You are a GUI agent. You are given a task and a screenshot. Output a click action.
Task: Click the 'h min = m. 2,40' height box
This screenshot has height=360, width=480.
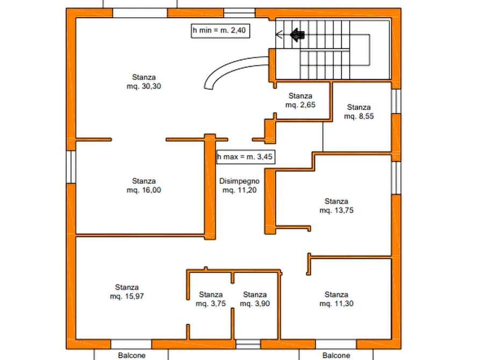[x=220, y=31]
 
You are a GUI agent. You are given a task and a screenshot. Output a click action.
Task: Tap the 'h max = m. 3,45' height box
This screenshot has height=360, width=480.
[x=246, y=157]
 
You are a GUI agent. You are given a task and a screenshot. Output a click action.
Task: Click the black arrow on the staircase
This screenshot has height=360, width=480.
[x=297, y=34]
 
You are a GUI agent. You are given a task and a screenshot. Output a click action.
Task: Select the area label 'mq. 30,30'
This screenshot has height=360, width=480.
[x=144, y=87]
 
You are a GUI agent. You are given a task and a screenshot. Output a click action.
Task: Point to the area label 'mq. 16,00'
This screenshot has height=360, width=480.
[x=144, y=190]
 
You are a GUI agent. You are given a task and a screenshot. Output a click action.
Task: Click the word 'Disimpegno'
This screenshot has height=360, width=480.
[x=239, y=181]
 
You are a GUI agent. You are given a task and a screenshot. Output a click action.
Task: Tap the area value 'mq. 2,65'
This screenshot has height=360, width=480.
[x=300, y=105]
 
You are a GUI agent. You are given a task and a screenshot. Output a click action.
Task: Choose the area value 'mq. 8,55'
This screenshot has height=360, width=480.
[x=359, y=116]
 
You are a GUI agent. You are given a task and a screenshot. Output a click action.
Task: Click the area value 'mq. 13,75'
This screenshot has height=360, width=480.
[x=336, y=210]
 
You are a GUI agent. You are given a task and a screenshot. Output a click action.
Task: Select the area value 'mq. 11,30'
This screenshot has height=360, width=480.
[x=336, y=304]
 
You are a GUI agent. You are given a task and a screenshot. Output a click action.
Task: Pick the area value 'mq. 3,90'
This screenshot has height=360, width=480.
[x=255, y=304]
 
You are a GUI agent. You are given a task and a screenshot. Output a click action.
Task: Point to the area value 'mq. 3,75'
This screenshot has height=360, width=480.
[x=211, y=304]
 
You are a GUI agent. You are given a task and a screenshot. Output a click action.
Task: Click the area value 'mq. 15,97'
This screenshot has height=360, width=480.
[x=127, y=296]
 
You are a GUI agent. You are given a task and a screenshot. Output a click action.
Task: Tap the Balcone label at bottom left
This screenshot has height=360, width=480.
[x=132, y=355]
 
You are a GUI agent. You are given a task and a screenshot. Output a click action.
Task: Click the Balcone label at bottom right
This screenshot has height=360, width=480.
[x=336, y=355]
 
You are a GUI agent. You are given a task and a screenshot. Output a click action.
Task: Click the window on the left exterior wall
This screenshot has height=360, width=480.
[x=71, y=167]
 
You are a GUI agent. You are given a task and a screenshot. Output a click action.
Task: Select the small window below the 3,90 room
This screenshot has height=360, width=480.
[x=248, y=344]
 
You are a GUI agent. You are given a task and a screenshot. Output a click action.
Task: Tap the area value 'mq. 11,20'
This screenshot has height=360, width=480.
[x=239, y=190]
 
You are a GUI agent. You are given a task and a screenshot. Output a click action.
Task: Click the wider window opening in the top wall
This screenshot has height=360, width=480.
[x=140, y=13]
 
